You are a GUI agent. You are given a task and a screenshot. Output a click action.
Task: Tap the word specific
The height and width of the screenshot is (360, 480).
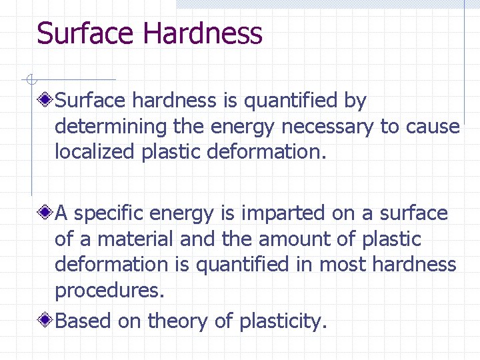tap(109, 213)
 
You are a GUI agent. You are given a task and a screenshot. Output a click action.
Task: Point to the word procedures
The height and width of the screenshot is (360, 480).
tap(109, 291)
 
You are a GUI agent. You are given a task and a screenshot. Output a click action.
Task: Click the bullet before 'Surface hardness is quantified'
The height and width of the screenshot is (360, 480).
tap(46, 101)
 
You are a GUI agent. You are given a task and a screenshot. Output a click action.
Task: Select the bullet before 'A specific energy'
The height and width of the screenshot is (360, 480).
tap(46, 213)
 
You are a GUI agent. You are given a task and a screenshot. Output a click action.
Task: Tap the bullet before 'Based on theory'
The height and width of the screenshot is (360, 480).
tap(46, 321)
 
